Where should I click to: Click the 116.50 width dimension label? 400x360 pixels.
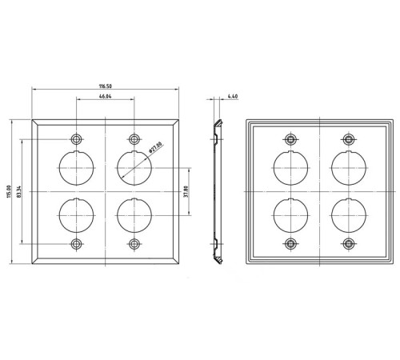point(106,86)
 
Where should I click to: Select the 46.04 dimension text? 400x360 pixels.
point(106,96)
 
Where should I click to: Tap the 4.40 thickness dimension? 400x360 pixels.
point(233,96)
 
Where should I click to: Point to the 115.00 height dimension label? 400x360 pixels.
point(10,191)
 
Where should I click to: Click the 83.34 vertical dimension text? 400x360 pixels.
point(18,191)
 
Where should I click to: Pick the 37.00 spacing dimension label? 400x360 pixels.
point(186,191)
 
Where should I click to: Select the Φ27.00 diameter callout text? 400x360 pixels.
point(155,147)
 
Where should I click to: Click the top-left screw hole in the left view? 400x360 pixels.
point(77,139)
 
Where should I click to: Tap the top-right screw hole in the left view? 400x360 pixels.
point(134,139)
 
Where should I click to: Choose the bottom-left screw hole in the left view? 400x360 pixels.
point(77,244)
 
